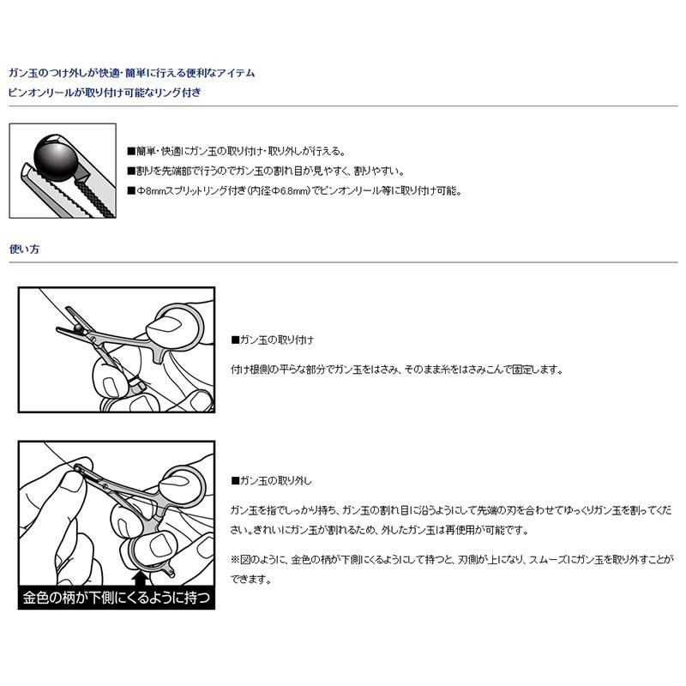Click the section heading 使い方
point(23,250)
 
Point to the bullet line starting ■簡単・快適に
point(236,149)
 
